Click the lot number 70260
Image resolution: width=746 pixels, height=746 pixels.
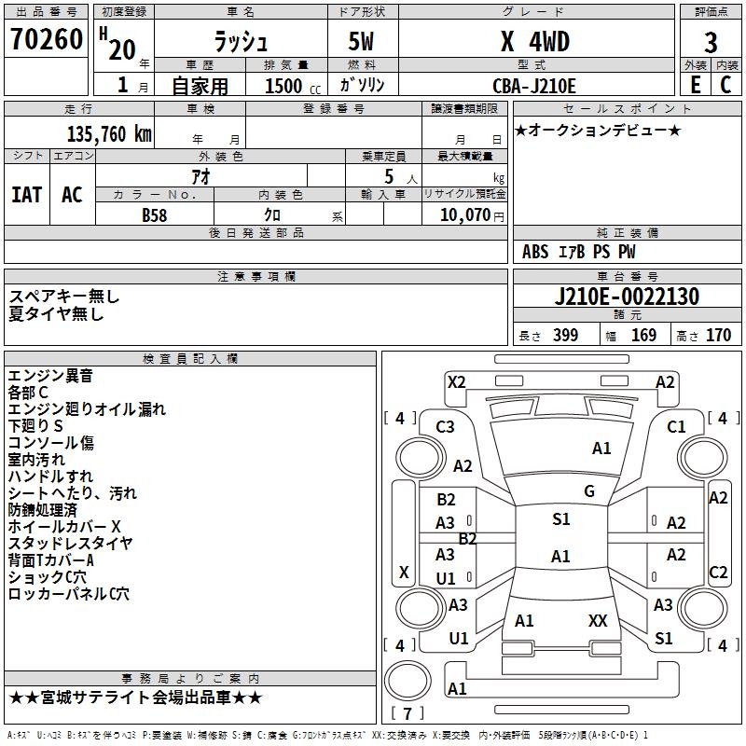point(46,41)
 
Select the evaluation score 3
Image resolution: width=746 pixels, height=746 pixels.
point(711,43)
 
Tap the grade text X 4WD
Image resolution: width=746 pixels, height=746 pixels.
point(534,42)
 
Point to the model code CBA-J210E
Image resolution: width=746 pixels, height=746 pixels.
point(534,86)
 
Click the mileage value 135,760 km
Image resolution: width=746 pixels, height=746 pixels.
point(109,133)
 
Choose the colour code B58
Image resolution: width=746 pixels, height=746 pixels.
point(155,215)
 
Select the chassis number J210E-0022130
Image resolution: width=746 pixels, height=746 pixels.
point(627,297)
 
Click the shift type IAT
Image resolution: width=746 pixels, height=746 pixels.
point(26,195)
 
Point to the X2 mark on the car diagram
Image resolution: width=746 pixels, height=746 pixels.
point(456,381)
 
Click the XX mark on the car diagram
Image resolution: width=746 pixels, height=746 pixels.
point(598,620)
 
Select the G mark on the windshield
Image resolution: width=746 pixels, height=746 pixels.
point(588,491)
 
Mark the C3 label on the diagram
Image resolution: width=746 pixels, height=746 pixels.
point(445,426)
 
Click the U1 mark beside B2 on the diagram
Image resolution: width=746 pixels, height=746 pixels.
point(446,579)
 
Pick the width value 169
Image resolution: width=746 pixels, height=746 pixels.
point(643,336)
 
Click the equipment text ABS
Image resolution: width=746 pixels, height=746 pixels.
point(535,252)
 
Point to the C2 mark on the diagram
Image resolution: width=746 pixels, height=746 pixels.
point(718,573)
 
